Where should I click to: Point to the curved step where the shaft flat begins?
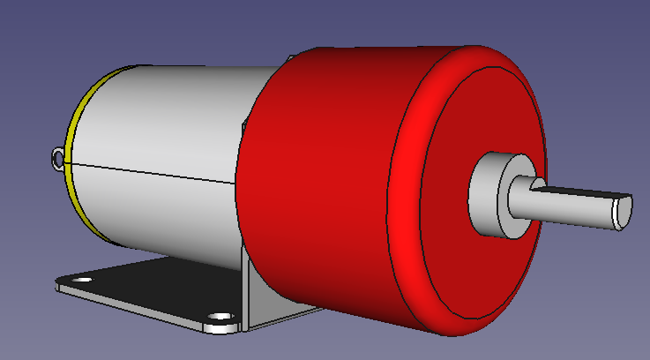coord(534,184)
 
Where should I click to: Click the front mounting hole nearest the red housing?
coord(217,315)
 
